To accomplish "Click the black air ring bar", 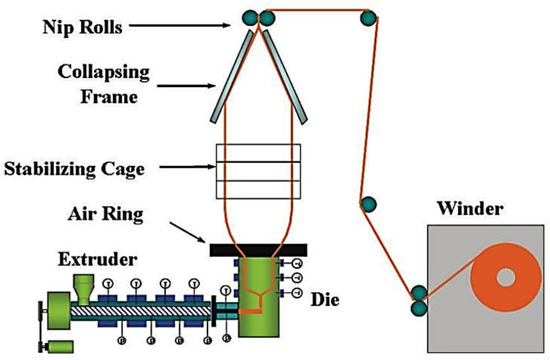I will [x=256, y=247].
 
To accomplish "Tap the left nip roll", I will [x=250, y=16].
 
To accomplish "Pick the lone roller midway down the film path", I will [x=370, y=205].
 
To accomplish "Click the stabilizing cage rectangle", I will [x=256, y=171].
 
